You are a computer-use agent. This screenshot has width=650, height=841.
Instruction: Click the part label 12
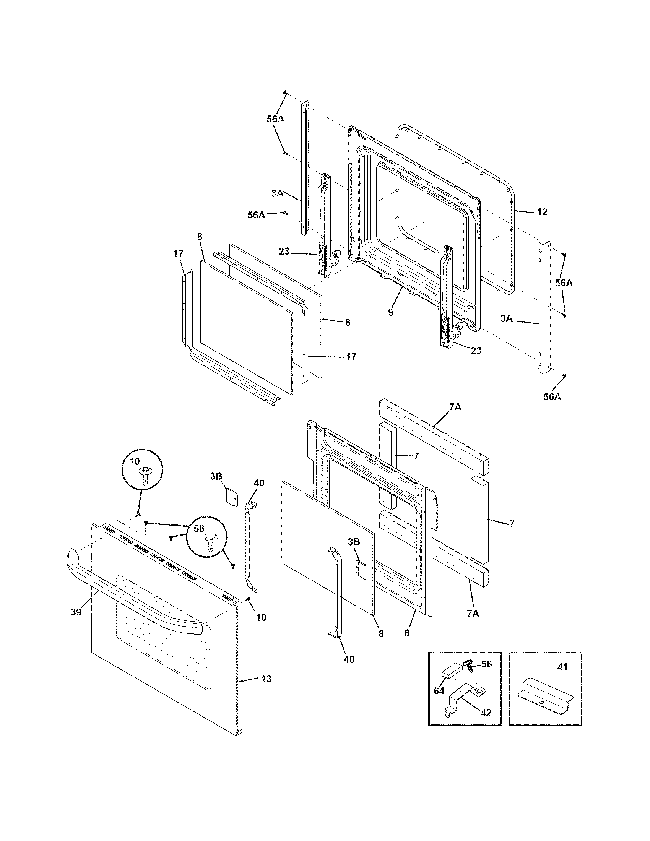542,212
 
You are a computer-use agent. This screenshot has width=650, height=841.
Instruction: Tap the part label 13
266,679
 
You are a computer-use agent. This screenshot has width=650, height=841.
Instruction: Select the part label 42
486,713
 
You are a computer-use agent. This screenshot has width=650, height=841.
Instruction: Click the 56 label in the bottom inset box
487,664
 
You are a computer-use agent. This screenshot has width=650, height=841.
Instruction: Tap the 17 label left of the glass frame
178,253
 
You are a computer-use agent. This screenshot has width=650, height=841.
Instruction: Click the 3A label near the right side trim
507,319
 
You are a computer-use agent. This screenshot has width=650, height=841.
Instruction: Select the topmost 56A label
275,119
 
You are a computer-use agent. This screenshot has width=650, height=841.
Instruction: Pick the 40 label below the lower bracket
349,659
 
